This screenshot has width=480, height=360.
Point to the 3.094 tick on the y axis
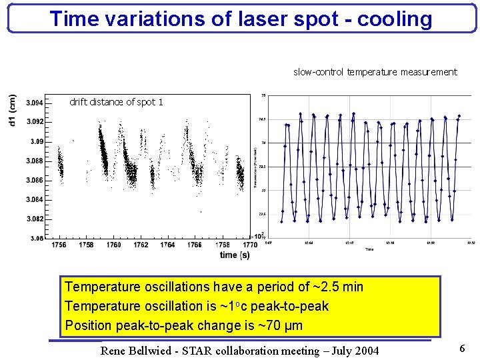click(x=35, y=103)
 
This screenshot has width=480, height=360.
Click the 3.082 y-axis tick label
click(x=35, y=219)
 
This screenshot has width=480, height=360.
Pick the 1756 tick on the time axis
click(x=59, y=245)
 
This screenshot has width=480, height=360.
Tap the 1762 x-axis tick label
click(x=141, y=245)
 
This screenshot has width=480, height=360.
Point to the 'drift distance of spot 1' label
click(x=116, y=102)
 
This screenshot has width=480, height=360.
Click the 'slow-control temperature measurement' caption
click(x=375, y=72)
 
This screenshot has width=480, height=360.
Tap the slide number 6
click(x=462, y=349)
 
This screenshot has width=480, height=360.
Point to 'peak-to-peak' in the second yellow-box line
click(x=291, y=307)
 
